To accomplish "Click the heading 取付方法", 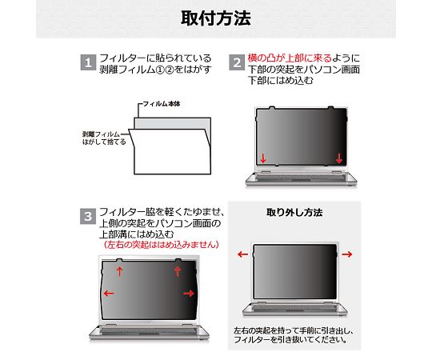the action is point(216,18).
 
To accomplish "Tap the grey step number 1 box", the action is point(88,63).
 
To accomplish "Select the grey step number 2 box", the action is point(237,63).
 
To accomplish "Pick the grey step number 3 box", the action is point(88,216).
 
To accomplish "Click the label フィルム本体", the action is point(162,104).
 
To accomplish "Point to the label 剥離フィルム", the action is point(101,134).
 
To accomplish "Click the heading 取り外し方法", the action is point(294,213).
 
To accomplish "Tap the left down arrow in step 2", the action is point(263,158).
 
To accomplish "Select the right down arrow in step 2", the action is point(339,158).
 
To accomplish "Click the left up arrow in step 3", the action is point(119,271).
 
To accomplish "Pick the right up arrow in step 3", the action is point(178,271).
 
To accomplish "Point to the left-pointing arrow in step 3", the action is point(109,294).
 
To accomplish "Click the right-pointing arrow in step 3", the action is point(189,294).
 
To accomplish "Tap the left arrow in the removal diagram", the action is point(242,254).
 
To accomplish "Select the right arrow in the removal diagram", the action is point(347,254).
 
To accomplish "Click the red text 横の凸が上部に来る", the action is point(290,58).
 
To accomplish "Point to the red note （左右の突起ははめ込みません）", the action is point(162,244).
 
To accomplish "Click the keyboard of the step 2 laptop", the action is point(301,178).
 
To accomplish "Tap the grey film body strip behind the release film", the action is point(173,123).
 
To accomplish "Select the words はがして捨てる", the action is point(104,142).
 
